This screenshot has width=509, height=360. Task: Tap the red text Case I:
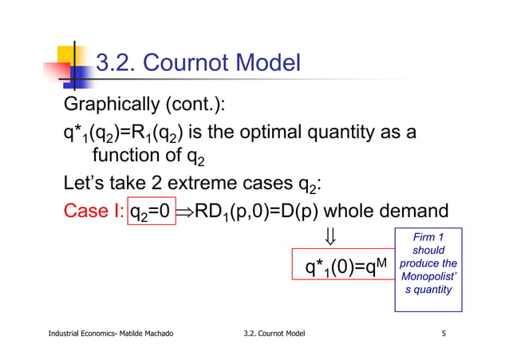pos(93,214)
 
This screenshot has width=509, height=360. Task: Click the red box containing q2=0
pos(151,214)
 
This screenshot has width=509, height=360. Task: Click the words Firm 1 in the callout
pos(428,237)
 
